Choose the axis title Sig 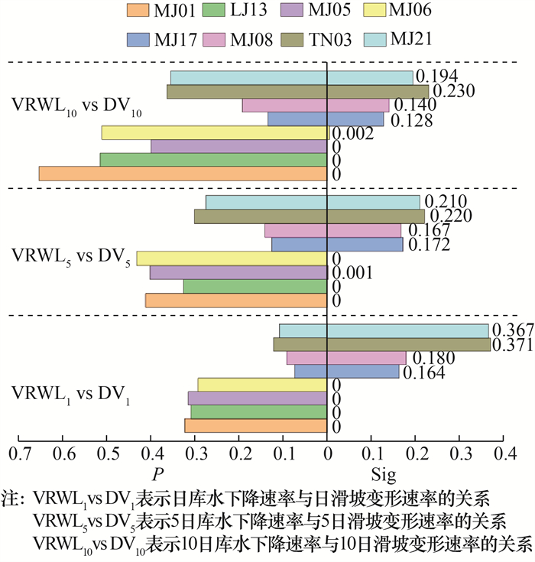point(383,475)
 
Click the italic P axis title point(157,475)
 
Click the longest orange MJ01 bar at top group point(183,174)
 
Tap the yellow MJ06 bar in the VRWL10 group point(215,133)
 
